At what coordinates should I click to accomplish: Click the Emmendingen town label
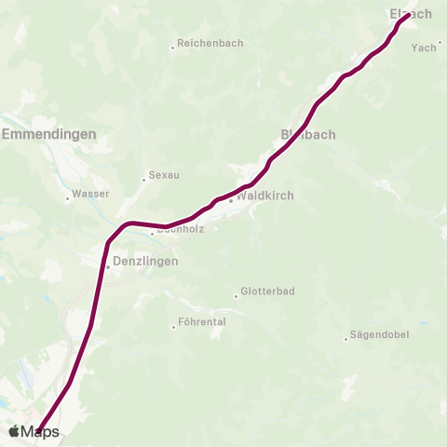pos(49,134)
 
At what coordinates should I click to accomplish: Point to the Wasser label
pos(90,194)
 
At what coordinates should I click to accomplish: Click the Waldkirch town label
pos(265,196)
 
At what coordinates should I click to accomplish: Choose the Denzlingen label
pos(145,264)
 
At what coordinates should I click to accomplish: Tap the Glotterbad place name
pos(267,291)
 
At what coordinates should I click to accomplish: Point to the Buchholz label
pos(172,229)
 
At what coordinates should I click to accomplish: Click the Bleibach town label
pos(308,134)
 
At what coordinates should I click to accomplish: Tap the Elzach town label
pos(410,14)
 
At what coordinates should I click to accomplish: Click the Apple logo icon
pos(14,431)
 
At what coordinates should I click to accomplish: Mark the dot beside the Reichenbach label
pos(173,47)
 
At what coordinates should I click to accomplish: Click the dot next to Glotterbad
pos(235,296)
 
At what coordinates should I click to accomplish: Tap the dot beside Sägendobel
pos(345,338)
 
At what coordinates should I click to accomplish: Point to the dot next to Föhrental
pos(173,326)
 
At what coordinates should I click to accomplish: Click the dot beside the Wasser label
pos(67,197)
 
